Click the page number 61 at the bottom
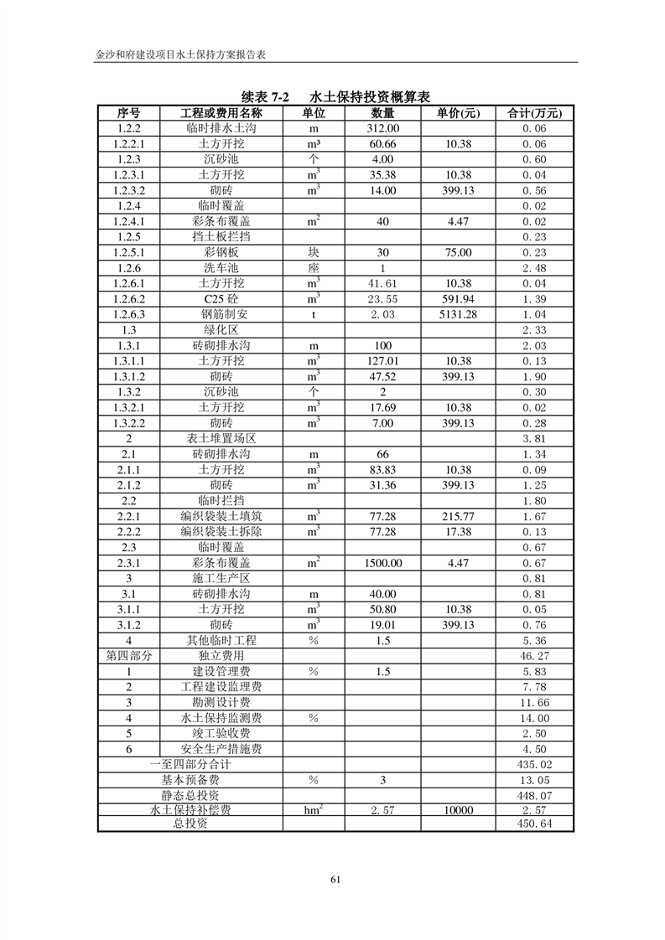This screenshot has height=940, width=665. point(335,879)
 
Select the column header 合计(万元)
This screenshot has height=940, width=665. point(534,113)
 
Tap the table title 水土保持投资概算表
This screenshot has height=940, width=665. point(369,97)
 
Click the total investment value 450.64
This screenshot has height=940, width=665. point(534,824)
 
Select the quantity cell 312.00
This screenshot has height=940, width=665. point(382,129)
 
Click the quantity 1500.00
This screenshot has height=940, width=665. point(382,563)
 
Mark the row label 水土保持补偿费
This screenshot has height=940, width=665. point(190,810)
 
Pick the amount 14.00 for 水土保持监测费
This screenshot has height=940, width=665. point(534,718)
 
